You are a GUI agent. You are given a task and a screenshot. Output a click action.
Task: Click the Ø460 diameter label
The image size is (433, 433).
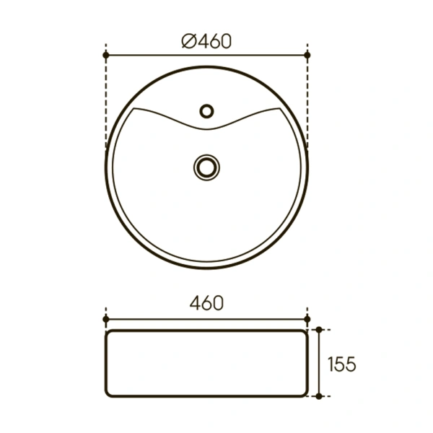tap(206, 42)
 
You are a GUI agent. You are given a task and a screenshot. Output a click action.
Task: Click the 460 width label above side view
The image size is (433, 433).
tap(206, 303)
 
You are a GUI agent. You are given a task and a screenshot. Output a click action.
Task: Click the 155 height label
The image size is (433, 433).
tap(341, 364)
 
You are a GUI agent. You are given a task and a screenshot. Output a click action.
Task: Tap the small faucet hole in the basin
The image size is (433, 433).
tap(207, 111)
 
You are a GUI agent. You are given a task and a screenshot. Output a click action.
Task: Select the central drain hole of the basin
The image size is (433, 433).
tap(206, 167)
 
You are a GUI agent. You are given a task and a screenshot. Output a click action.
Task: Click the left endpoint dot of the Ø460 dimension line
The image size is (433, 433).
tap(106, 55)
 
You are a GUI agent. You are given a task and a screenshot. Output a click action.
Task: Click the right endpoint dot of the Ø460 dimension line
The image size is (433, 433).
tap(308, 55)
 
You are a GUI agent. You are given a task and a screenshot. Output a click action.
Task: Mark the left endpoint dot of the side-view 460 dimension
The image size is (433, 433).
tap(106, 318)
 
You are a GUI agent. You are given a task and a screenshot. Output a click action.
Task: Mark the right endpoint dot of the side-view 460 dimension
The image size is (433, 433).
tap(307, 318)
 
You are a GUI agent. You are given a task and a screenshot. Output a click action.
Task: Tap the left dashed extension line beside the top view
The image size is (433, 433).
tap(106, 101)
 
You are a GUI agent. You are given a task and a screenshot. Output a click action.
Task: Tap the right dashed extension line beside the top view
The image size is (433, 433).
tap(308, 101)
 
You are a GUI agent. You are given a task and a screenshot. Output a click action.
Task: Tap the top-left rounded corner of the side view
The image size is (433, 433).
tap(110, 333)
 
